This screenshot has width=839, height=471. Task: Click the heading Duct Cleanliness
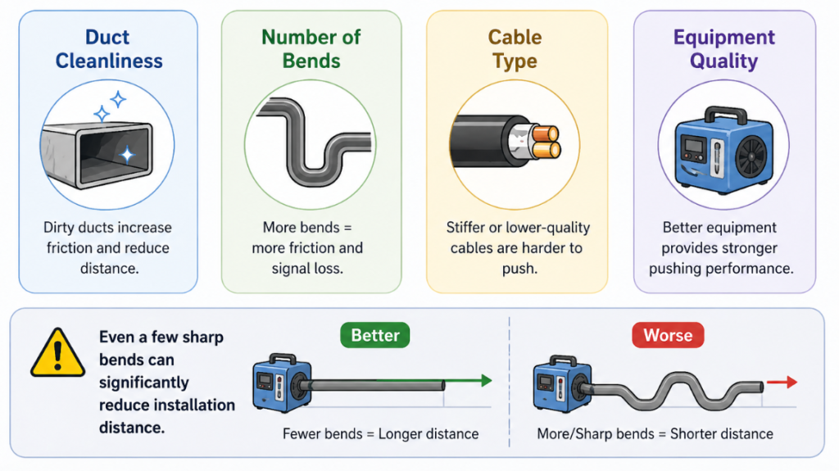pyautogui.click(x=107, y=49)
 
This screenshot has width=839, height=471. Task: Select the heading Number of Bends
pyautogui.click(x=311, y=49)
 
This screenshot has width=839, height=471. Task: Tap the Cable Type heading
pyautogui.click(x=515, y=49)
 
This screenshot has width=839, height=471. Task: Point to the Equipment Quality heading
pyautogui.click(x=723, y=49)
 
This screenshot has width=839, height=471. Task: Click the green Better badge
pyautogui.click(x=375, y=335)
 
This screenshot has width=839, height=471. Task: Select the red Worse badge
pyautogui.click(x=668, y=335)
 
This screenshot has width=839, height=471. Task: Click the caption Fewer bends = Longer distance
pyautogui.click(x=380, y=433)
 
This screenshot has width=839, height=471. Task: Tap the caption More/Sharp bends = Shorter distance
pyautogui.click(x=655, y=433)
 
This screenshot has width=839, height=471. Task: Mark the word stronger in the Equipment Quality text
pyautogui.click(x=743, y=248)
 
